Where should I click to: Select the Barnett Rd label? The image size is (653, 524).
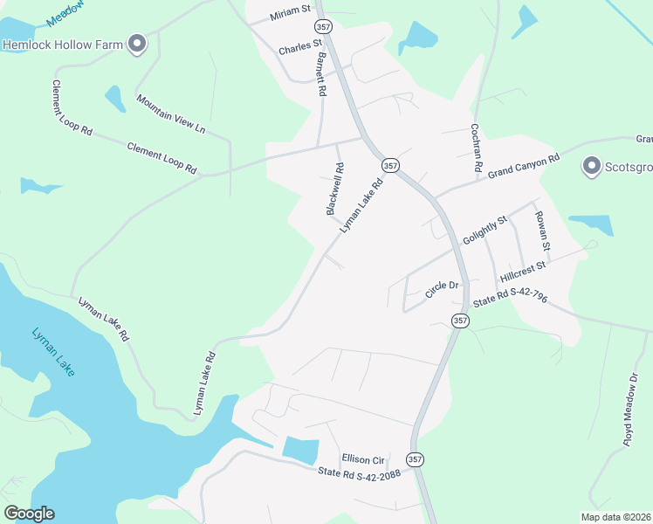(x=321, y=74)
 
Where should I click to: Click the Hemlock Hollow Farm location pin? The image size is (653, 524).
(x=136, y=43)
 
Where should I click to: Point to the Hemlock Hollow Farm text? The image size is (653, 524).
(x=61, y=44)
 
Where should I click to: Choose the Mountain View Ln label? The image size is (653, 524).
(x=170, y=114)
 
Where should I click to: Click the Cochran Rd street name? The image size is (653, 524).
(x=477, y=145)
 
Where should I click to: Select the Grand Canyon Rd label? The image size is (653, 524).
(x=523, y=166)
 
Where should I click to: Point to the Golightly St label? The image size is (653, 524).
(x=485, y=234)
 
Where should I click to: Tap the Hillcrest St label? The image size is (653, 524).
(x=523, y=271)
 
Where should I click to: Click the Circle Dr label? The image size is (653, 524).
(x=442, y=287)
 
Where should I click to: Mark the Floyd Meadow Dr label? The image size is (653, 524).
(x=631, y=410)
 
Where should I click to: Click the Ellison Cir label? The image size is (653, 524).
(x=363, y=458)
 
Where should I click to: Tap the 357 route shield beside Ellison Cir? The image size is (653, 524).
(x=416, y=458)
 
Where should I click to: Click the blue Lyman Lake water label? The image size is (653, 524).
(x=53, y=352)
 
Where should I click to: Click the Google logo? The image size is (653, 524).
(x=29, y=514)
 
